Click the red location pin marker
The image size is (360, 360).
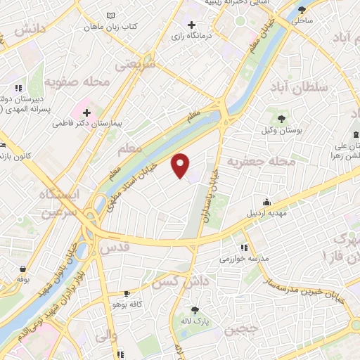(x=181, y=165)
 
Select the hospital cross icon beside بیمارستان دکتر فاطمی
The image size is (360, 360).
(x=86, y=112)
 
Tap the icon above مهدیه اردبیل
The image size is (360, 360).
(x=265, y=201)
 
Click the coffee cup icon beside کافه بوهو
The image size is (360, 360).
(x=127, y=294)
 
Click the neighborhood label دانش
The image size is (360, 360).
(x=29, y=28)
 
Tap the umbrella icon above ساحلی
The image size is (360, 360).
(x=302, y=10)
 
